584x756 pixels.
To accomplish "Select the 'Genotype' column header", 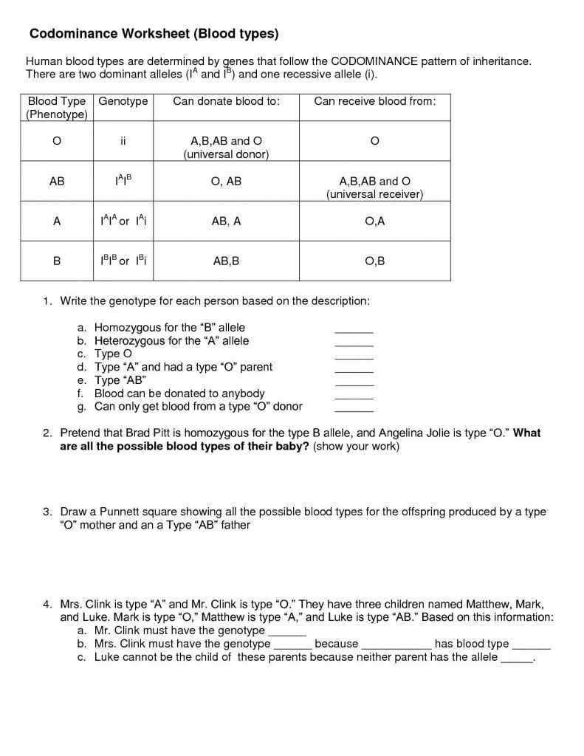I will tap(123, 101).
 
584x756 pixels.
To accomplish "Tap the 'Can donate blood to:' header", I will tap(226, 101).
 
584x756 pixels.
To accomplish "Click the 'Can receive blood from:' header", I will tap(374, 101).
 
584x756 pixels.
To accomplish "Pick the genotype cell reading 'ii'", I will tap(123, 140).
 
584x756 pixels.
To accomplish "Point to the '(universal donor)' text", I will tap(226, 154).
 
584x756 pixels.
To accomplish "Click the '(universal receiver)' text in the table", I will tap(374, 194).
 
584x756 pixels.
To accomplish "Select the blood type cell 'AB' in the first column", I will tap(57, 181).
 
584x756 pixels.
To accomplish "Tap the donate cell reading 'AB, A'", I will tap(226, 221).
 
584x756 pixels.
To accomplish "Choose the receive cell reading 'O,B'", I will tap(374, 261).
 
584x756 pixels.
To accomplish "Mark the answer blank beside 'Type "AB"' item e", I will tap(354, 384).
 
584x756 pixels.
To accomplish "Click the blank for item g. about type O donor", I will tap(354, 410).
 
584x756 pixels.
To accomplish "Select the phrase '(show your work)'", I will tap(356, 447).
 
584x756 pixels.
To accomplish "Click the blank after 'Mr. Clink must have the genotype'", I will tap(286, 633).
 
